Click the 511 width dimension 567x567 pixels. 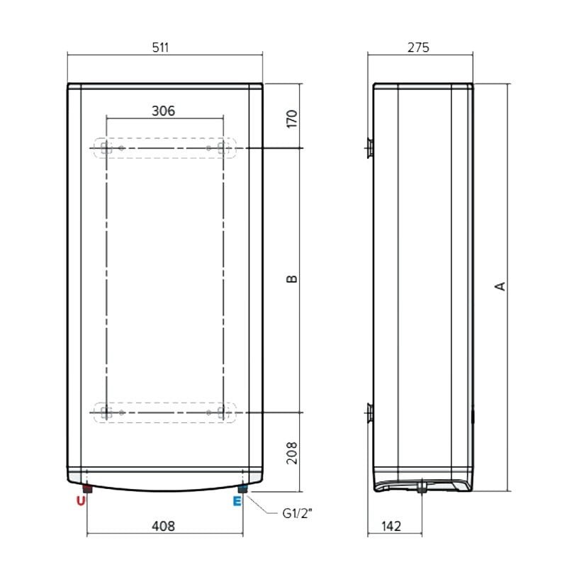160,47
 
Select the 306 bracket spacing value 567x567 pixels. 164,111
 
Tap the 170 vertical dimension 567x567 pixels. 291,118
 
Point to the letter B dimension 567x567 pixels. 292,279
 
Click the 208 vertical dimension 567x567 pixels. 291,453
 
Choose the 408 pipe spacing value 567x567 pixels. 164,526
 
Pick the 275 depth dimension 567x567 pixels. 418,47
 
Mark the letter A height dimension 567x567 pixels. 500,286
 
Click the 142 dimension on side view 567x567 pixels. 391,526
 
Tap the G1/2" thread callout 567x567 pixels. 297,513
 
